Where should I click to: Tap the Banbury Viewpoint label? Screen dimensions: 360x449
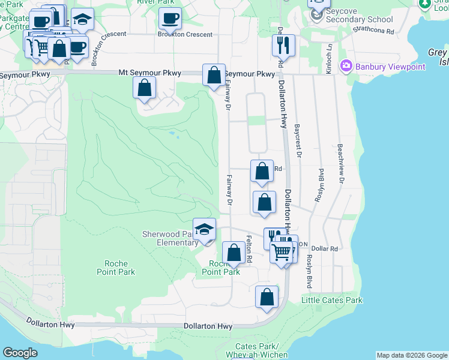point(388,66)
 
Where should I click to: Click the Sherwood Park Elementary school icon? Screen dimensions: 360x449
point(205,229)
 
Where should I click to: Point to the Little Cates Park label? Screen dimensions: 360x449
point(332,300)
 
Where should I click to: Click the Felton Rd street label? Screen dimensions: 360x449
point(249,248)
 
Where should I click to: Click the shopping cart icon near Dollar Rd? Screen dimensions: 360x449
point(281,252)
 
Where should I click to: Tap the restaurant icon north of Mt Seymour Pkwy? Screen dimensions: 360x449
point(282,45)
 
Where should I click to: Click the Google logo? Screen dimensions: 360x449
point(20,353)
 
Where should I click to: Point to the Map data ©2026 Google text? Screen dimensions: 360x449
point(411,355)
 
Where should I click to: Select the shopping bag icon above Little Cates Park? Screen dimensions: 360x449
point(267,297)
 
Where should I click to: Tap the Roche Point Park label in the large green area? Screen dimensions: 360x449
point(116,268)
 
